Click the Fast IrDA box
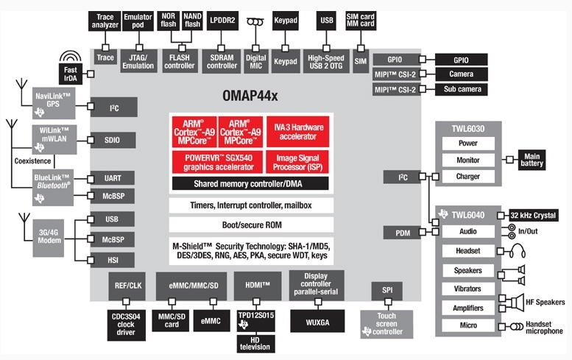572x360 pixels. click(x=71, y=74)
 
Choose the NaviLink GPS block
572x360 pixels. click(x=53, y=104)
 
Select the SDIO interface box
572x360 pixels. click(x=111, y=140)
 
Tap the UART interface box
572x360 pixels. click(x=111, y=179)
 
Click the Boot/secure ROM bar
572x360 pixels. click(x=250, y=225)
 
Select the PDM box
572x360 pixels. click(x=402, y=233)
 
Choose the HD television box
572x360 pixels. click(x=254, y=343)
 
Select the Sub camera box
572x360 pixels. click(x=460, y=90)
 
